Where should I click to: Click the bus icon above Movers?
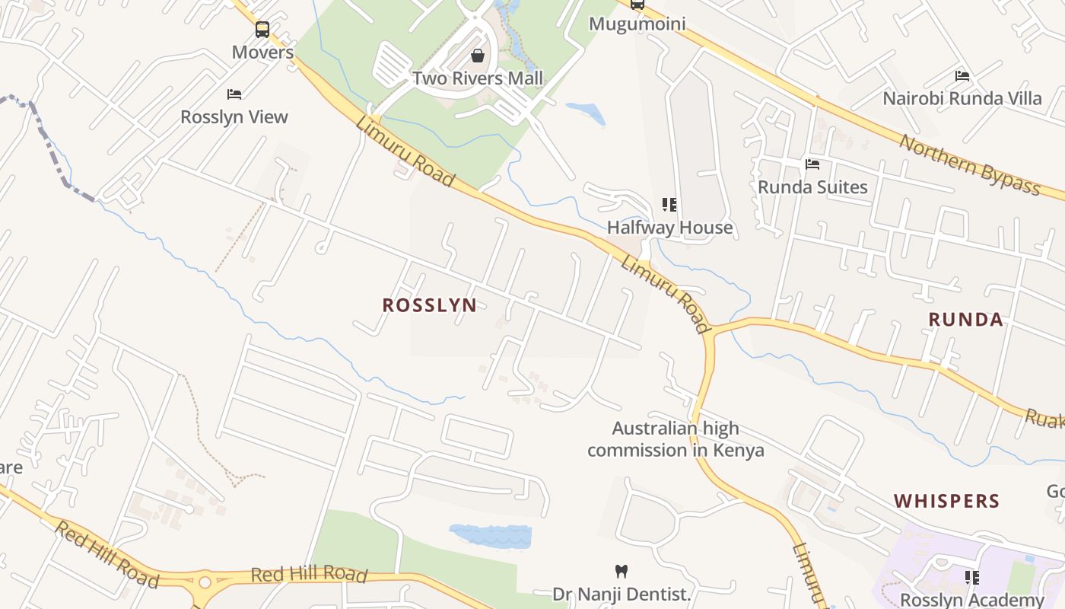tap(262, 30)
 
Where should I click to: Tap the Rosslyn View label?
tap(234, 117)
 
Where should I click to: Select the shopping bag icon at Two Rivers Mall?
tap(478, 56)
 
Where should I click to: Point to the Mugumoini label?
tap(637, 24)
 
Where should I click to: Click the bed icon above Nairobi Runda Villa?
tap(962, 76)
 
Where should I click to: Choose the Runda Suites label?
tap(812, 187)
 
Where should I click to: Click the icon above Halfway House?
tap(669, 205)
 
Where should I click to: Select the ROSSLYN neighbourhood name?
tap(430, 305)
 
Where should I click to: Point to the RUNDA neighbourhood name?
tap(966, 319)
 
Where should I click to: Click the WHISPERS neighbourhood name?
tap(946, 501)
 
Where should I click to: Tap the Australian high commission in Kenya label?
tap(676, 439)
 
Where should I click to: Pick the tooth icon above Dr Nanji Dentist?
tap(622, 571)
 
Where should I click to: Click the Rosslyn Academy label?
tap(972, 600)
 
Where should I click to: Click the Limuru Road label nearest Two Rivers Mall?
tap(405, 153)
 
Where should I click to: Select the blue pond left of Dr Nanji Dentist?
tap(491, 536)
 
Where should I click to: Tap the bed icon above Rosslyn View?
tap(234, 94)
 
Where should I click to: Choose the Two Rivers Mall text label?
tap(478, 78)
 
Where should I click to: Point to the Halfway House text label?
tap(669, 228)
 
